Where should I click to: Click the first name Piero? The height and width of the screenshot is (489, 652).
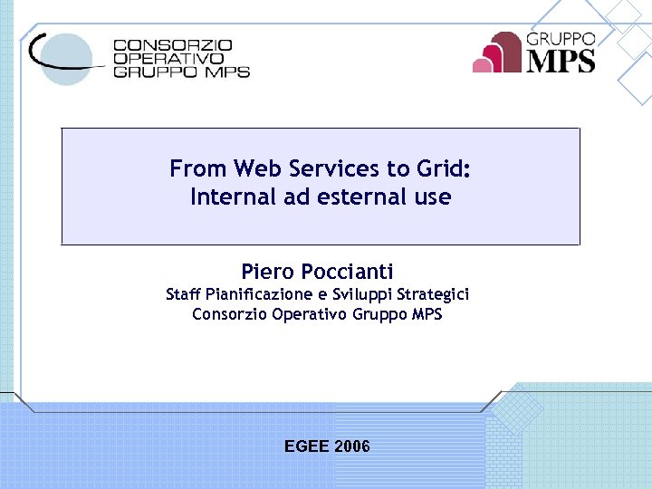pyautogui.click(x=267, y=271)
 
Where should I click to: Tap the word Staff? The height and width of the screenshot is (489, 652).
pyautogui.click(x=184, y=294)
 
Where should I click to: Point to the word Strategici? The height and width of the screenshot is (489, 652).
pyautogui.click(x=433, y=294)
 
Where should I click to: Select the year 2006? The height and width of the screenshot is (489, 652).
pyautogui.click(x=352, y=446)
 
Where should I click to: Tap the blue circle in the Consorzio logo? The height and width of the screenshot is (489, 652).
pyautogui.click(x=68, y=58)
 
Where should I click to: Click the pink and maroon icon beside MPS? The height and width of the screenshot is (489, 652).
pyautogui.click(x=497, y=53)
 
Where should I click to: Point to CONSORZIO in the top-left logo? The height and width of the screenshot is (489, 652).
pyautogui.click(x=173, y=44)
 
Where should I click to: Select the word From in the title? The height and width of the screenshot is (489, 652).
pyautogui.click(x=198, y=168)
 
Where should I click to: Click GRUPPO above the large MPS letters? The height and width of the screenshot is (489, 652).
pyautogui.click(x=561, y=39)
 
